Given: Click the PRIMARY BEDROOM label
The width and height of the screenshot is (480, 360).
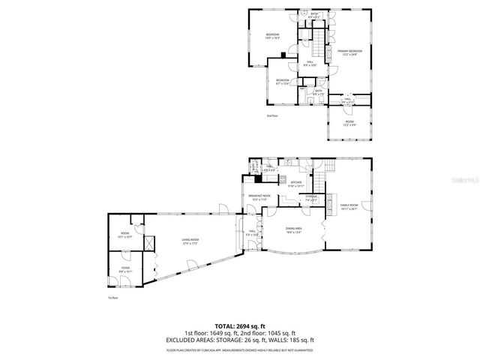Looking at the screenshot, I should [350, 51].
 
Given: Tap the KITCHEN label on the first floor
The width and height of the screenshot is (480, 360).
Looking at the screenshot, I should [296, 182].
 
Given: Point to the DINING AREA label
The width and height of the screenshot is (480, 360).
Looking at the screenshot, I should [293, 229].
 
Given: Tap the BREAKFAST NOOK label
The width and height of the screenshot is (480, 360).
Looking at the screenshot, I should [259, 196].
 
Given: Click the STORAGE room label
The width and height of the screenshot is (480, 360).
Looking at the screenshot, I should [310, 197].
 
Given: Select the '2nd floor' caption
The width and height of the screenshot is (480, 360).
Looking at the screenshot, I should [271, 115].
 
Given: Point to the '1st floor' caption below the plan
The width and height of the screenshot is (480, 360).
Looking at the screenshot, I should [112, 298].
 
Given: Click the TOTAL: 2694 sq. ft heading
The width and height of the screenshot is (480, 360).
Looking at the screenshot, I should [239, 327].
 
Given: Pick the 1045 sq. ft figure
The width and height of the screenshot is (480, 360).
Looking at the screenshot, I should [283, 333].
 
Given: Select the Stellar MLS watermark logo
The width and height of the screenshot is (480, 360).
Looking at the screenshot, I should [461, 181].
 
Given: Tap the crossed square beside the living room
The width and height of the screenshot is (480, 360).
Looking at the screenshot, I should [148, 244].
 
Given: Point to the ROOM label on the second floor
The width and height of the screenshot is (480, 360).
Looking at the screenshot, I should [349, 121].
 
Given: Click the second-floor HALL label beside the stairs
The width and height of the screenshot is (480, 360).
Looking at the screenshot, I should [308, 64].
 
